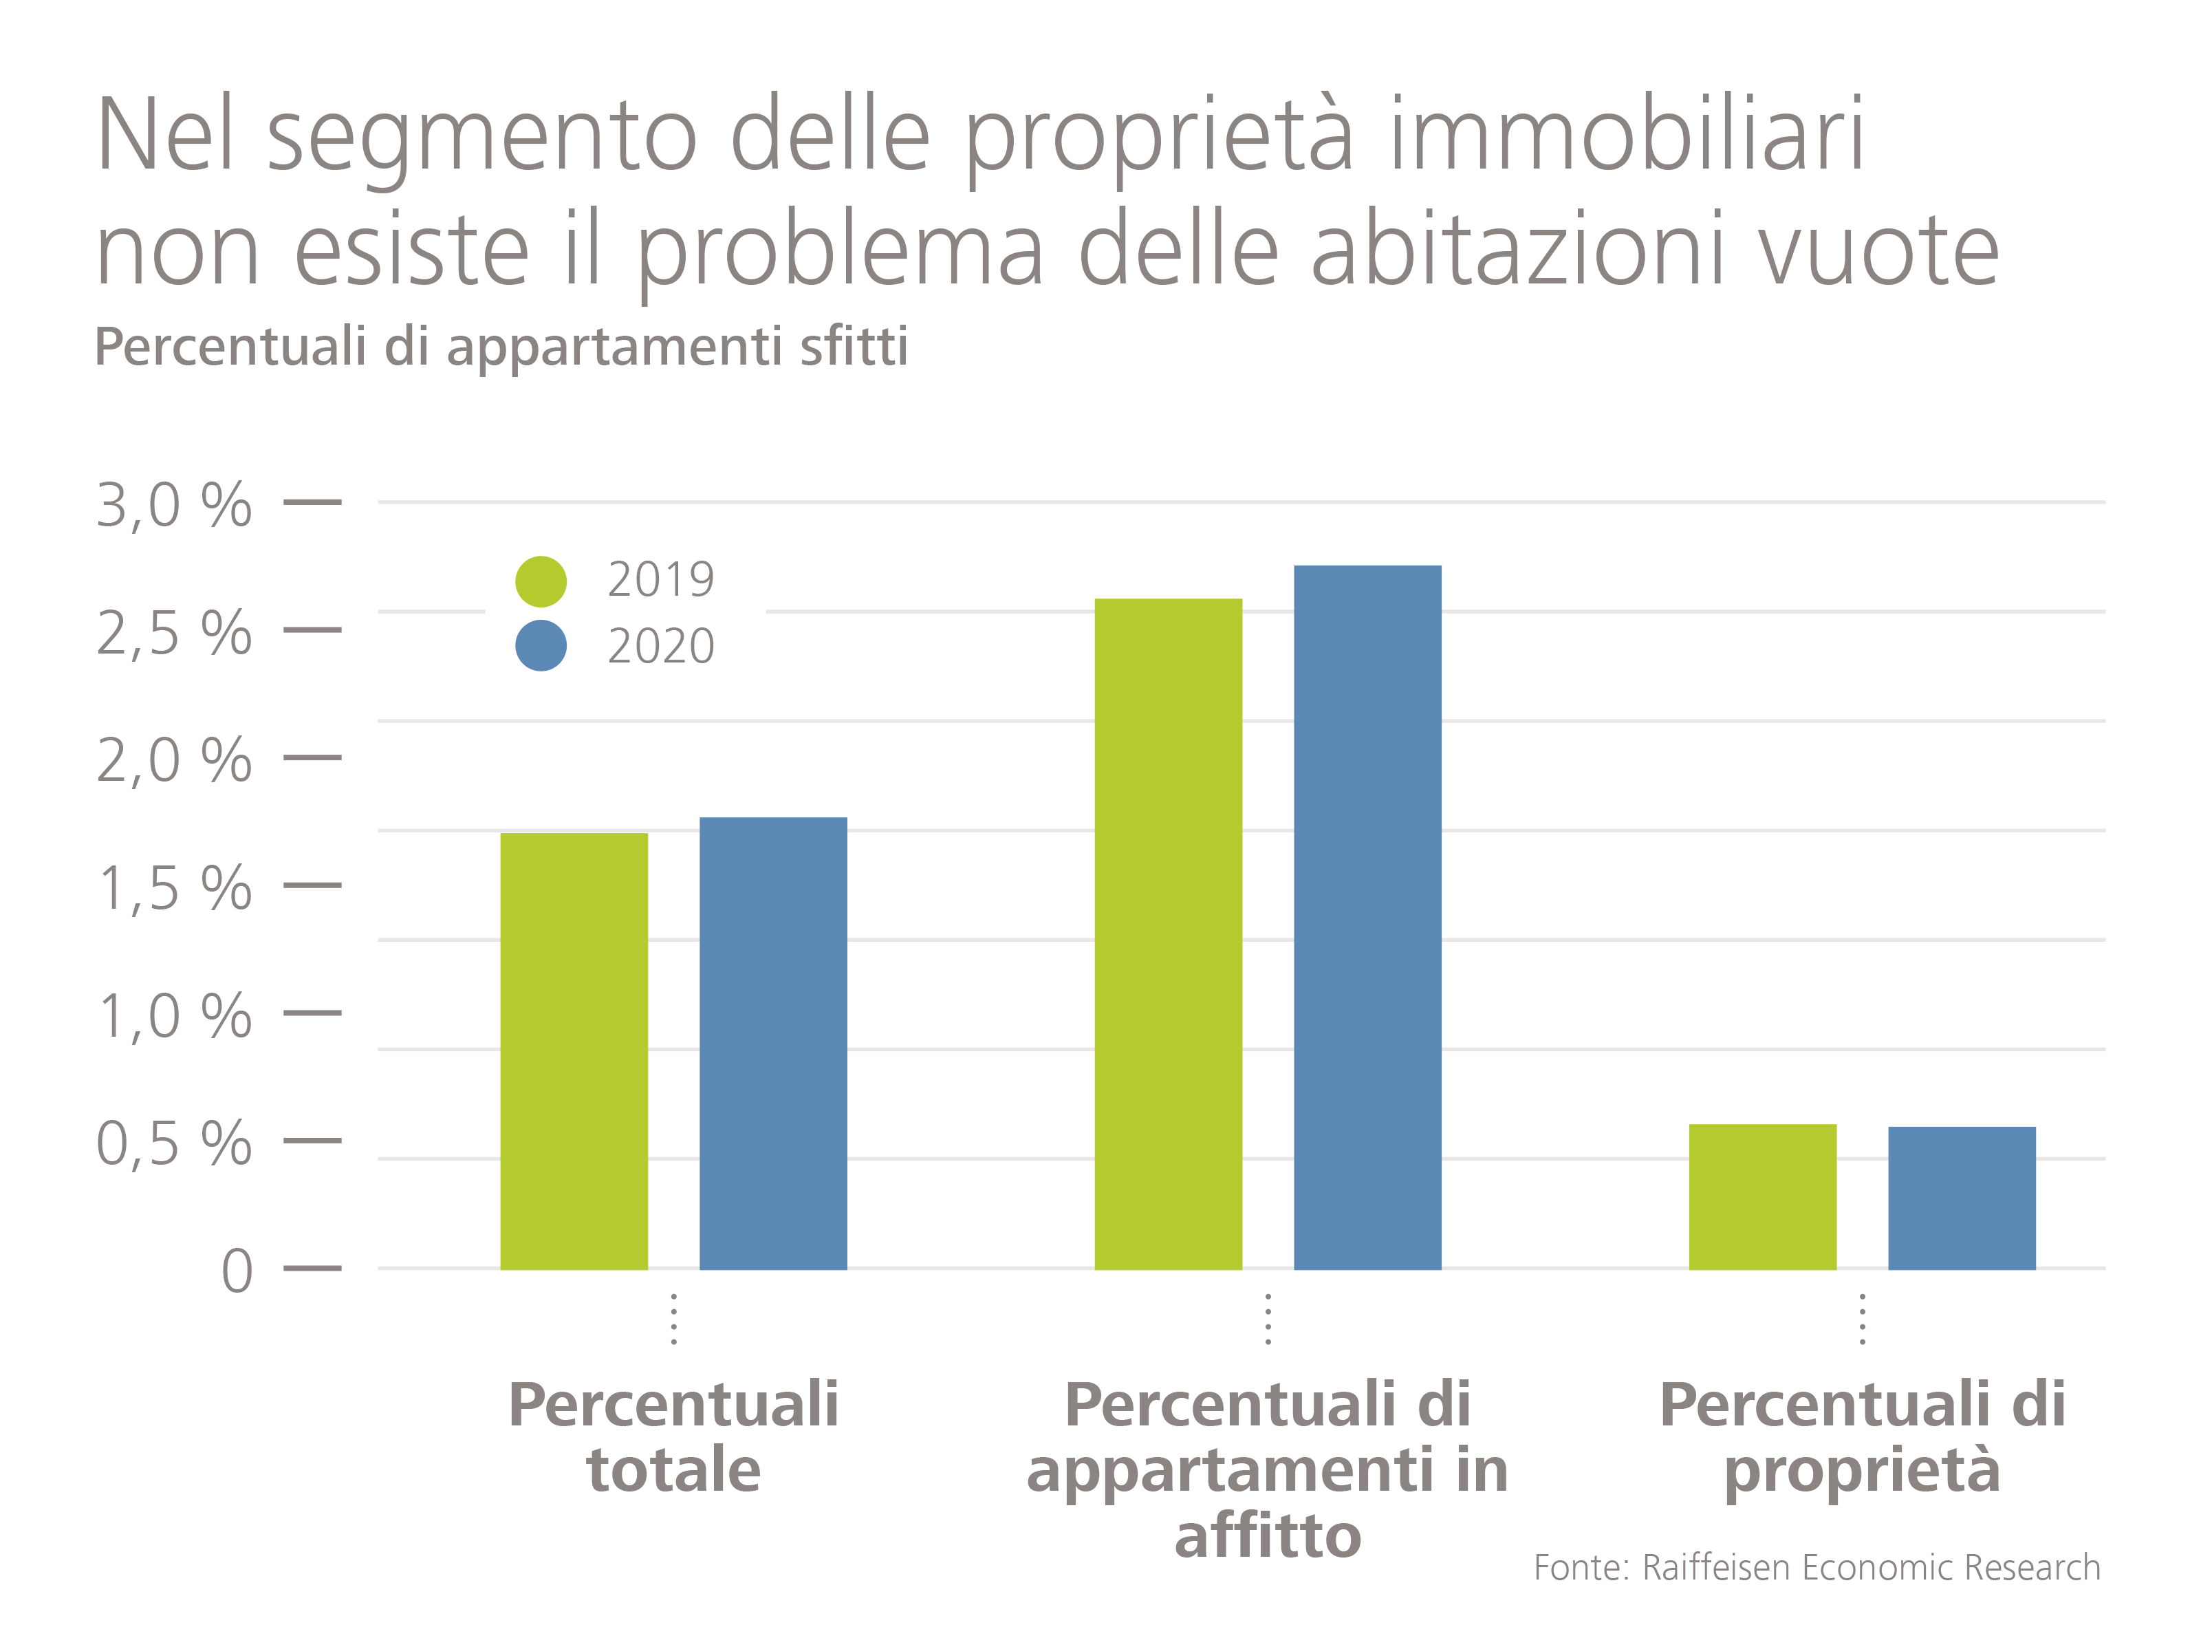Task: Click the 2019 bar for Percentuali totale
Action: (574, 1051)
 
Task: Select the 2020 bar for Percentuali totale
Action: (773, 1043)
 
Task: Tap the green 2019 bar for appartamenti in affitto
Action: (1168, 934)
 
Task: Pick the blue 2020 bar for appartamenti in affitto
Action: (1367, 917)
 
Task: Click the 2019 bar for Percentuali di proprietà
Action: (1763, 1196)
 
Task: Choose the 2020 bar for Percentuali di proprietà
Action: (1962, 1198)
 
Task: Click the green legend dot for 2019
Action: (541, 581)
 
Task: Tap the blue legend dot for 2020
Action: (541, 646)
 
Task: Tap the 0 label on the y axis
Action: (237, 1271)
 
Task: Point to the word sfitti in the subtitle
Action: (854, 347)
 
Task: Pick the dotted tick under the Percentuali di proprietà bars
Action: (1862, 1319)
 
